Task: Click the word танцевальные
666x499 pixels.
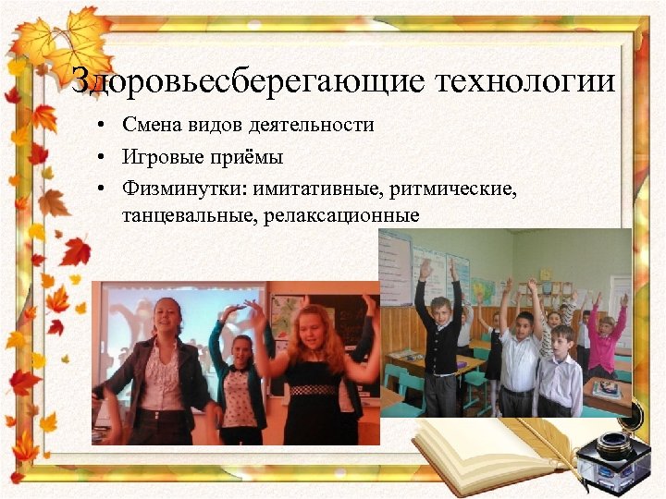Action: pyautogui.click(x=177, y=216)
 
